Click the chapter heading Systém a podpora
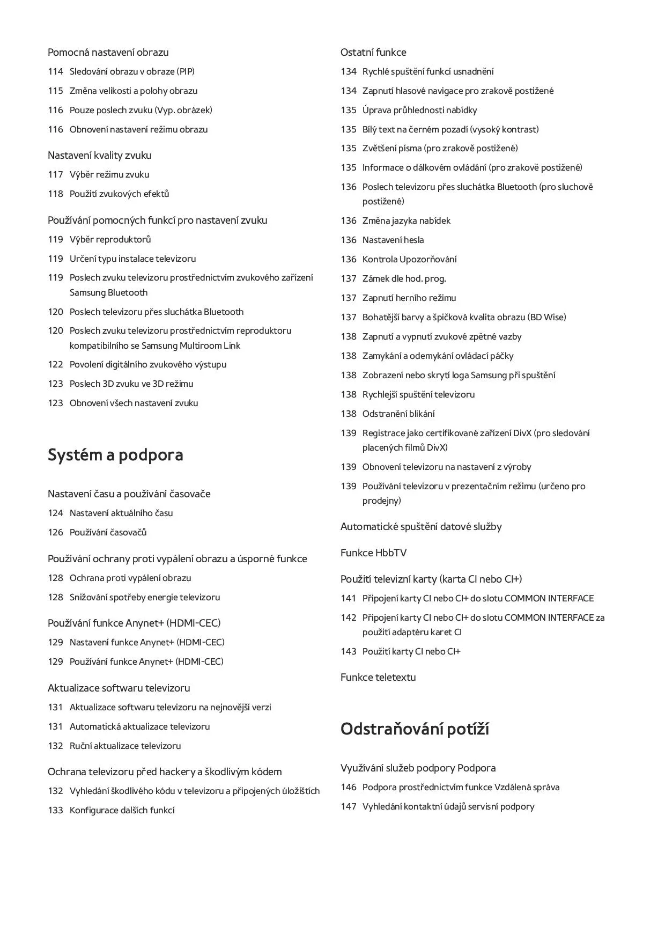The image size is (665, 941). (115, 455)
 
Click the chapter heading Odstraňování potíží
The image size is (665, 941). (414, 729)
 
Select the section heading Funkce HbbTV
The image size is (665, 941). (373, 553)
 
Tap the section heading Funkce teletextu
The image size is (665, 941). (378, 677)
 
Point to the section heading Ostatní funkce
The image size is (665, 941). (373, 52)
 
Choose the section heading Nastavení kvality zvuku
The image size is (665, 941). (99, 155)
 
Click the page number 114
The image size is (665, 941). (55, 71)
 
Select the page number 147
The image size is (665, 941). (348, 806)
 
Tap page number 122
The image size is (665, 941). (55, 364)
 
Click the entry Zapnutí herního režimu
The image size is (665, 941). (409, 298)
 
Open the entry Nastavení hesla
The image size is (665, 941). (393, 240)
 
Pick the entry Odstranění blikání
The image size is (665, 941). (398, 414)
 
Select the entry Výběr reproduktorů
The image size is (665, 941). (110, 239)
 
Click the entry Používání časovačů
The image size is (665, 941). (108, 532)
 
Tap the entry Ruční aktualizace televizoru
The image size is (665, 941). (125, 746)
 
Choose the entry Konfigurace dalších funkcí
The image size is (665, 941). (122, 810)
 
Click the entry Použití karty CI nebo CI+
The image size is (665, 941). (411, 651)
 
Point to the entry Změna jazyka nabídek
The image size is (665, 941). (406, 220)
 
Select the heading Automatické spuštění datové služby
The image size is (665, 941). (421, 526)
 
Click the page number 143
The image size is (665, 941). (348, 651)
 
